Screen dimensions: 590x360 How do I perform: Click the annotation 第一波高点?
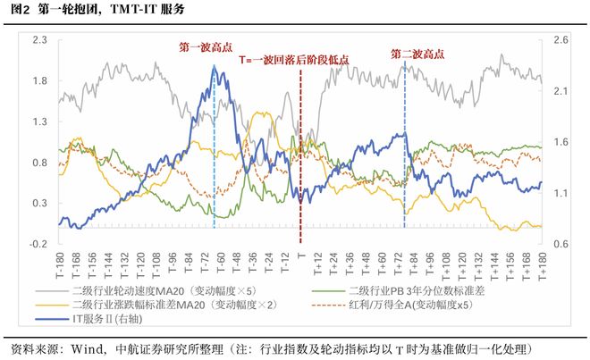coord(206,47)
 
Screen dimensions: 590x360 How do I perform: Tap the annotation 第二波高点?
coord(417,54)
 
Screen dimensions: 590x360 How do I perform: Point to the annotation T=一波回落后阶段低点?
coord(294,60)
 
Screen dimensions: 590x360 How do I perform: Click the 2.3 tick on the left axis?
coord(40,40)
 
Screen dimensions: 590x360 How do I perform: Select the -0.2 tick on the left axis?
coord(38,244)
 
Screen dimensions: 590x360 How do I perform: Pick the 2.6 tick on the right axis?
coord(560,40)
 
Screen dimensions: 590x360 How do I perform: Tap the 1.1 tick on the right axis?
coord(560,193)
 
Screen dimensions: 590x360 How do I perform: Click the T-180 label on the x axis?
coord(60,266)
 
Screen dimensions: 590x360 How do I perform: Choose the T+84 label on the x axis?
coord(414,264)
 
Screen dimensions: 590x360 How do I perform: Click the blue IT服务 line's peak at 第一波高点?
coord(215,66)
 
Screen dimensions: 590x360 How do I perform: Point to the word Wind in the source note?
coord(87,349)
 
